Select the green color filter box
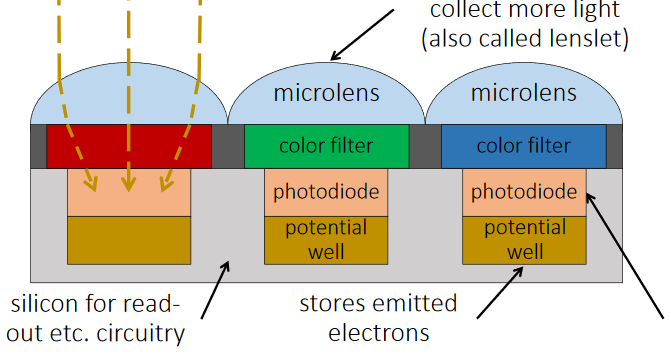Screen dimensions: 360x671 (x=326, y=146)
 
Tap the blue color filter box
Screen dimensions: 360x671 (x=523, y=146)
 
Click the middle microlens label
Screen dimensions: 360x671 (x=326, y=94)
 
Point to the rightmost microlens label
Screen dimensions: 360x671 (x=523, y=94)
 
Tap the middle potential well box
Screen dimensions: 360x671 (x=326, y=239)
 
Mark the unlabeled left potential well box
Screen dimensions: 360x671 (x=128, y=239)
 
